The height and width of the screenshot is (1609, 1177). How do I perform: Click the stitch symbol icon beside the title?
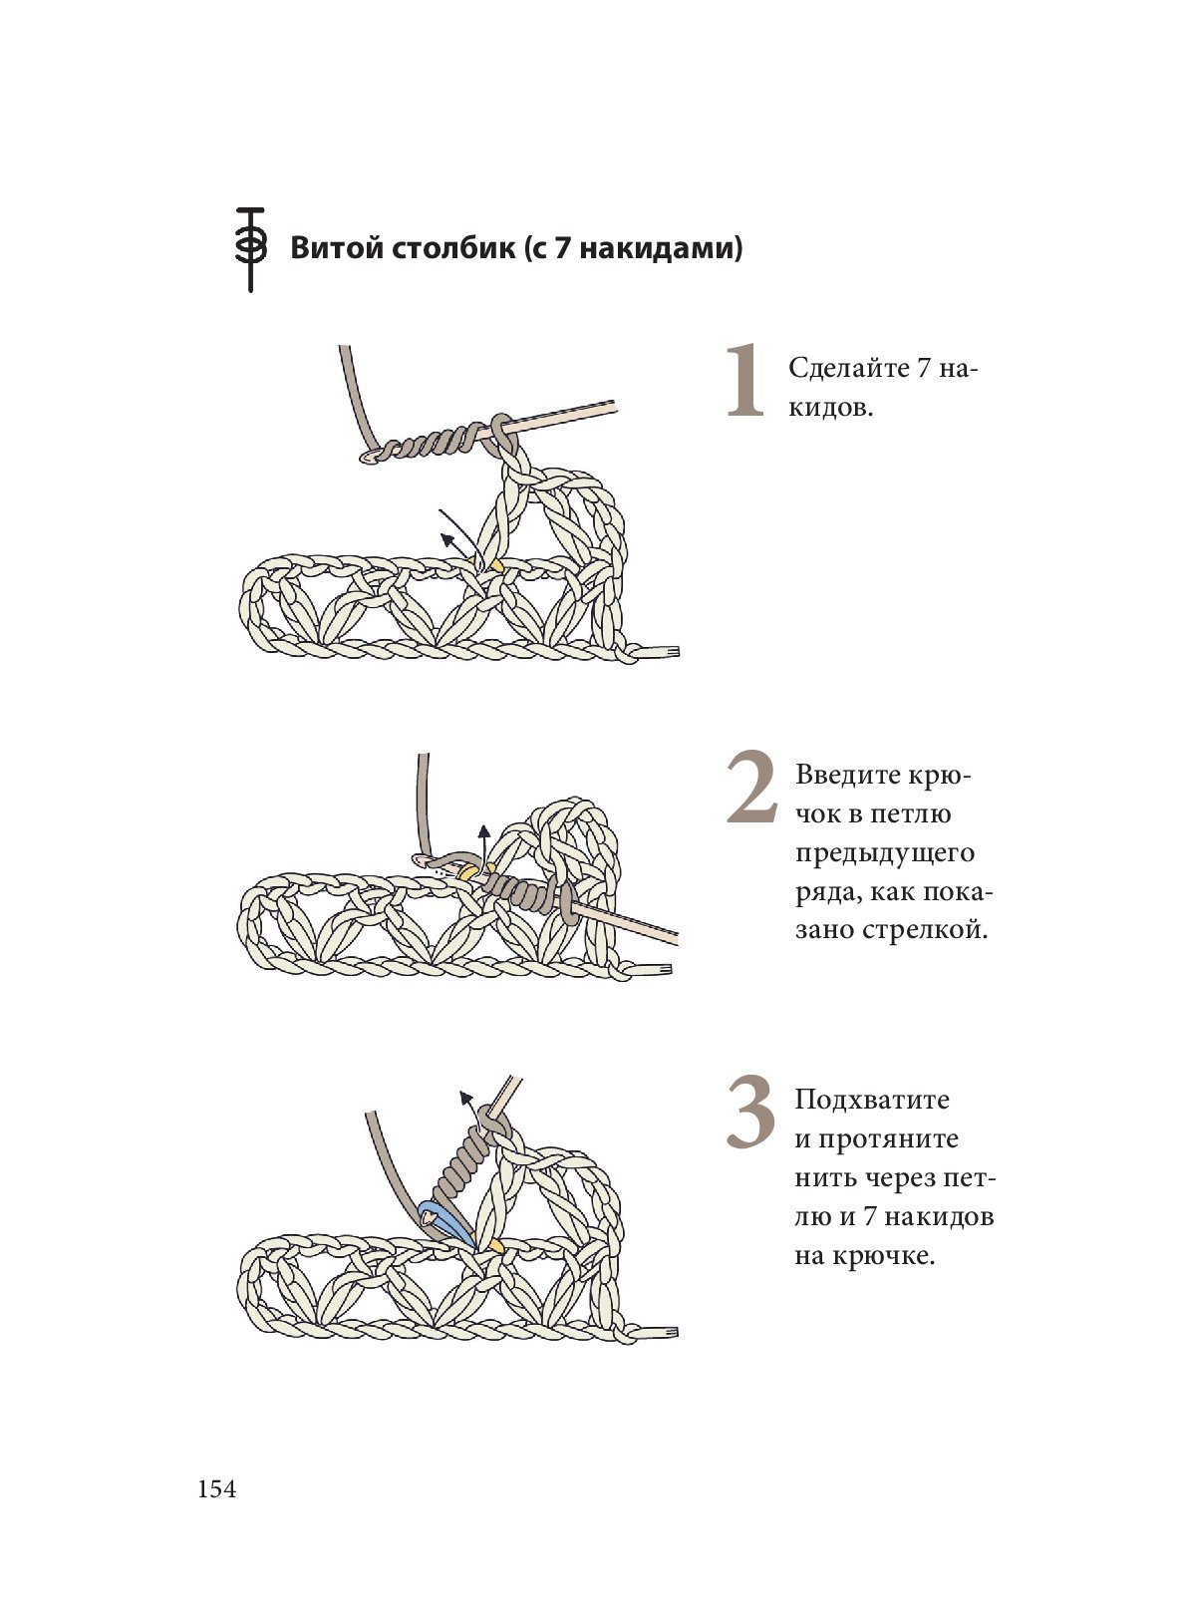tap(250, 248)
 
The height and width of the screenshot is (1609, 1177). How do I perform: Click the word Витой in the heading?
tap(334, 248)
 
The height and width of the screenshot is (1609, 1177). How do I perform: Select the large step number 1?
tap(743, 381)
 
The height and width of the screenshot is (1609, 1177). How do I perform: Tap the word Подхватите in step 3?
tap(872, 1101)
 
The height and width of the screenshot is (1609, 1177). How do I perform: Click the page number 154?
tap(217, 1489)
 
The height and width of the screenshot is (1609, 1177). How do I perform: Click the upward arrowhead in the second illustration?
tap(484, 829)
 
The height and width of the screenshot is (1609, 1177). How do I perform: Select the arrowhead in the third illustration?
tap(464, 1097)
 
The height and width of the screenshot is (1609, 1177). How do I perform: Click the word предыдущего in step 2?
tap(885, 853)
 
